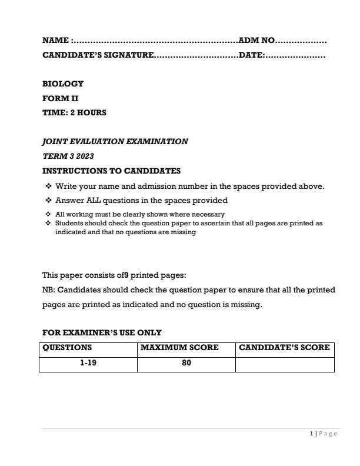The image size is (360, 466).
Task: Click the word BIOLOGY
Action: (63, 84)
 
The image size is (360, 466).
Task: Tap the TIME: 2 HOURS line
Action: (74, 112)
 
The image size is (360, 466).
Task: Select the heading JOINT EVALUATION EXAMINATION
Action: (115, 141)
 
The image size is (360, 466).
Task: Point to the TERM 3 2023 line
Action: (68, 156)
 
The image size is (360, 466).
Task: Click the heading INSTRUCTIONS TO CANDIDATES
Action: (111, 171)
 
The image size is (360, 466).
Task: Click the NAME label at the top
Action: (55, 41)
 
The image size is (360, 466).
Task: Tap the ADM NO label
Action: (256, 41)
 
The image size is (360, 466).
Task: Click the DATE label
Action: (251, 56)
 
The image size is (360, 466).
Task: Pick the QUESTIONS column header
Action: (67, 348)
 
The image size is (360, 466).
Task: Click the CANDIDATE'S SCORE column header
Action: (284, 348)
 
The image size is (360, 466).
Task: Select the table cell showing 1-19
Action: (88, 363)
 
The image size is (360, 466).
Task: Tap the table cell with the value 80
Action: (186, 363)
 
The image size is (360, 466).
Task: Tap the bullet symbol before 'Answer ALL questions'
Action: (47, 201)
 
